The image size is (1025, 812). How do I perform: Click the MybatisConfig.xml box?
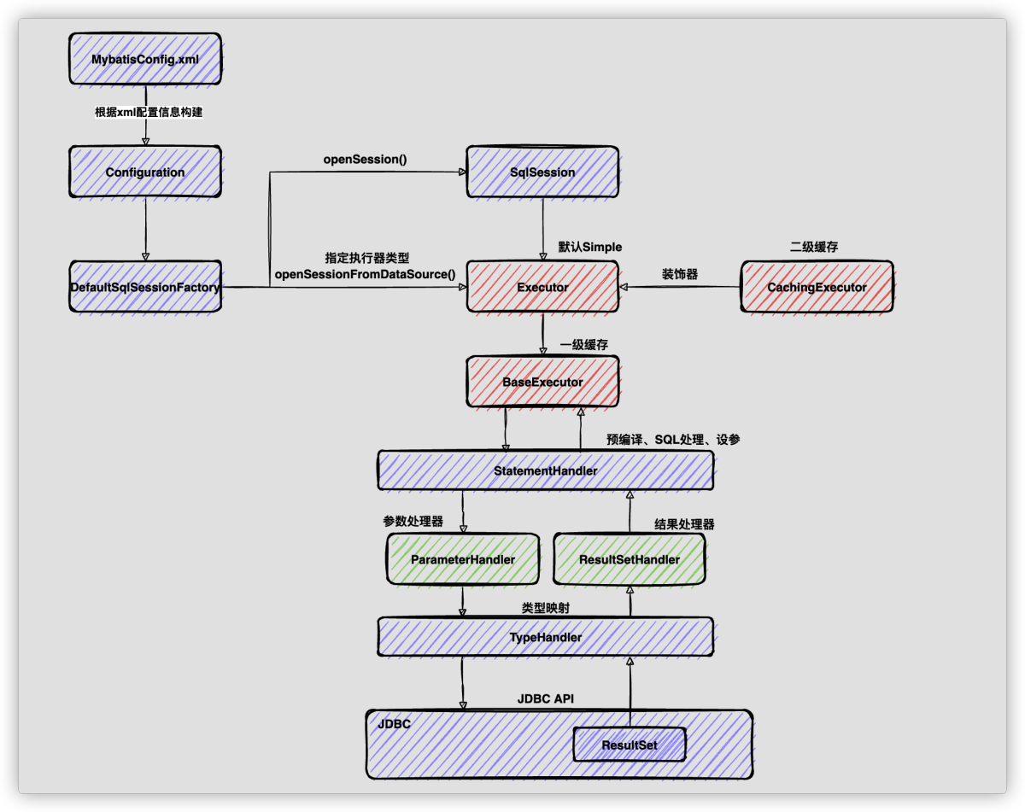[x=144, y=59]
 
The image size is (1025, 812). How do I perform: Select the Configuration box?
[x=144, y=172]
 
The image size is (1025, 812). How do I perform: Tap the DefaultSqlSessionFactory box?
[x=144, y=287]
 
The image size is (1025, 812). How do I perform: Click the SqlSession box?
[x=542, y=172]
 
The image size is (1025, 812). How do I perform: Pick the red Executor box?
[x=542, y=287]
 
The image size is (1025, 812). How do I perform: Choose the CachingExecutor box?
[x=817, y=287]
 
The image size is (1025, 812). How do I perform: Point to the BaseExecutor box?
[x=542, y=382]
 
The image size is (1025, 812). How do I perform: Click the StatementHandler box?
[x=545, y=470]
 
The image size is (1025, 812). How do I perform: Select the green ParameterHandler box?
[x=462, y=559]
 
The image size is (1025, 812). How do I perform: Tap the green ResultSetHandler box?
[x=630, y=559]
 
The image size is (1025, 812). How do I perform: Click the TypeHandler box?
[x=545, y=637]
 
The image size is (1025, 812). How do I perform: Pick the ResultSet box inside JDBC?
[x=630, y=745]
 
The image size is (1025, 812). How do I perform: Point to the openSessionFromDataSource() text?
[x=365, y=274]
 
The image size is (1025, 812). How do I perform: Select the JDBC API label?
[x=545, y=698]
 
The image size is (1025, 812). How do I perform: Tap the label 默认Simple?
[x=589, y=247]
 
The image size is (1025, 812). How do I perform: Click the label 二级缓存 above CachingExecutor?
[x=814, y=247]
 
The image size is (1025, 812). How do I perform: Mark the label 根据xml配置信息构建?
[x=149, y=112]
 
